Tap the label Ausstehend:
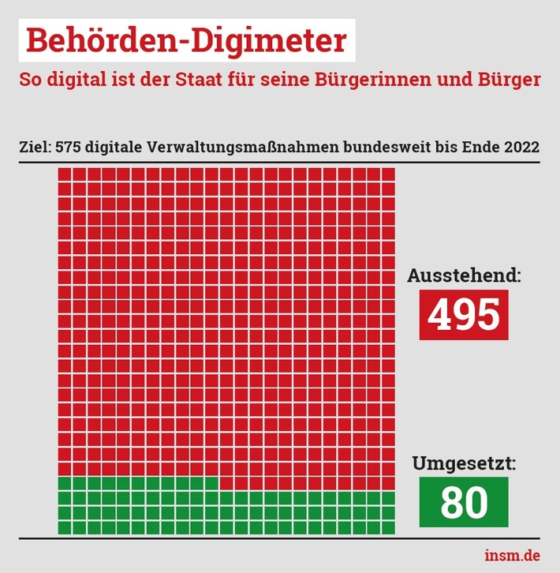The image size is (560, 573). coord(465,276)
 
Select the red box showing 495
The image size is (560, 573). coord(464,314)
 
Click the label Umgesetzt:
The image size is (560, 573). coord(465,464)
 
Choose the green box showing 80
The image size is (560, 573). coord(464,502)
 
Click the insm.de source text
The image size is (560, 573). coord(513,556)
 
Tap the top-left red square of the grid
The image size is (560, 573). coord(65,174)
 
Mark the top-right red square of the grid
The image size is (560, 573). coord(388,174)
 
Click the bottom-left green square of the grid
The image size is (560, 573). coord(65,527)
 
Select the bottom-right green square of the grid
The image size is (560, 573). coord(388,527)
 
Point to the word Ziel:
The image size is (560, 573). coord(35,148)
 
